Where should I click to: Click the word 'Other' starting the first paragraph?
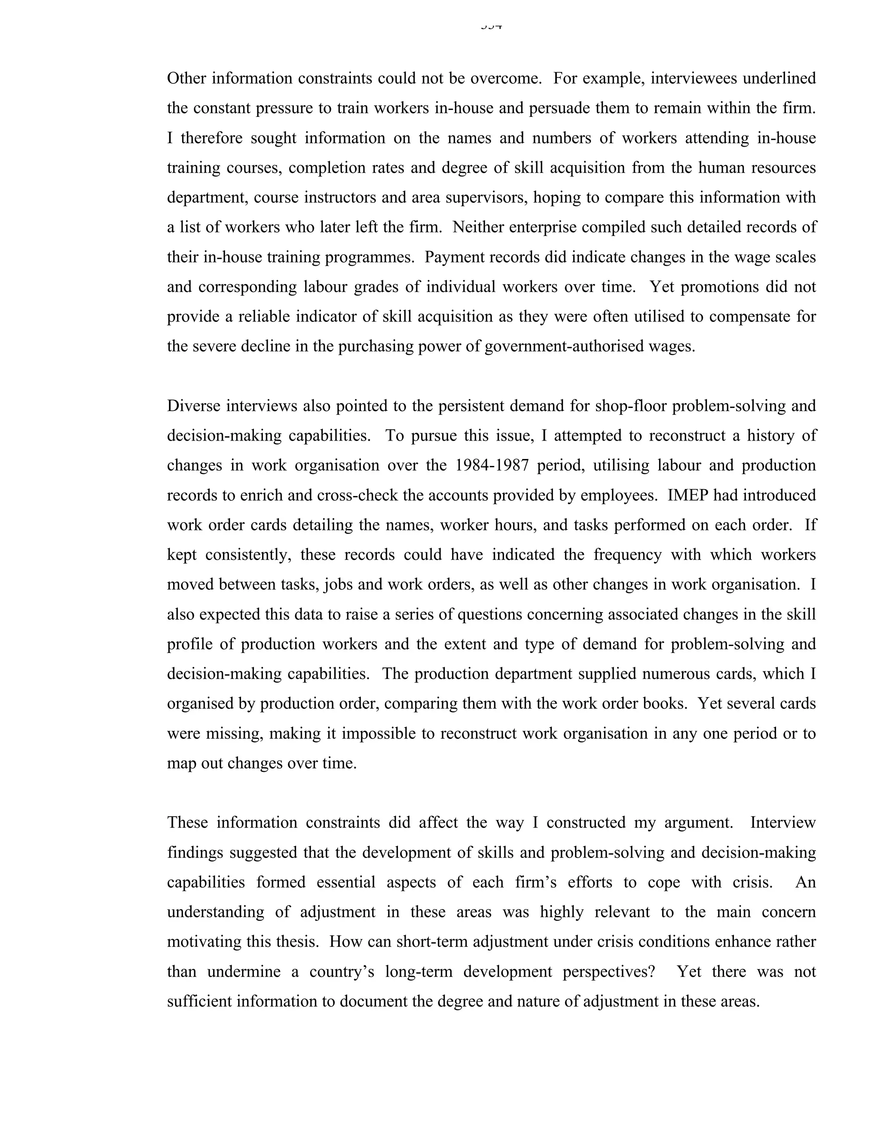pos(185,78)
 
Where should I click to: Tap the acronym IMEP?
pos(687,494)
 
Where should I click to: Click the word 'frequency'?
pos(627,554)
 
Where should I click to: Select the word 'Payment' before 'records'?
pos(453,257)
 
